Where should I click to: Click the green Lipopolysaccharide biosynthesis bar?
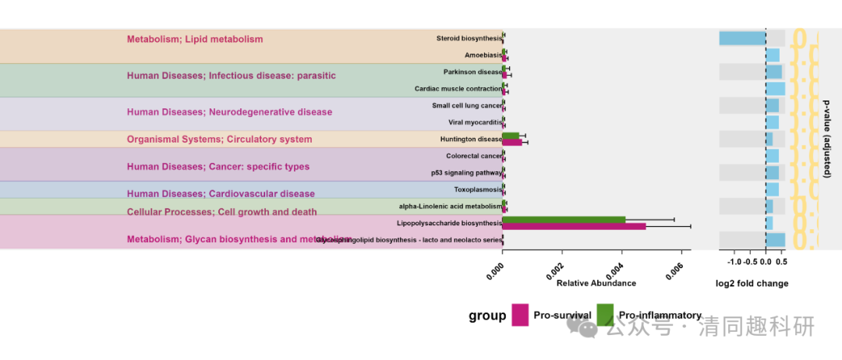click(564, 220)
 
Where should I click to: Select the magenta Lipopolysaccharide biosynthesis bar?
click(574, 226)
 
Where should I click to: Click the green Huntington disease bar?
click(511, 136)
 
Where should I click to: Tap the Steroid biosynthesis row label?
click(469, 38)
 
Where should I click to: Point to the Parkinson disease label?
click(472, 72)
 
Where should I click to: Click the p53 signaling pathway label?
click(466, 172)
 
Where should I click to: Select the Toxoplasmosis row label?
click(478, 189)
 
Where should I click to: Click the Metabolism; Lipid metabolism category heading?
click(195, 39)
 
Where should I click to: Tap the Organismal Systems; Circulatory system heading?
click(219, 139)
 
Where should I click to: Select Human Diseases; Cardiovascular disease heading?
click(221, 194)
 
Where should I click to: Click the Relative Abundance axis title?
click(596, 284)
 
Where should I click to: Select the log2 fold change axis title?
click(752, 284)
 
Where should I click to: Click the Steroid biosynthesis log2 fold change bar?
click(741, 38)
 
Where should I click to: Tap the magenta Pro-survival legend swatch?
click(520, 315)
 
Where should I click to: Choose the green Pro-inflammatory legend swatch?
click(606, 315)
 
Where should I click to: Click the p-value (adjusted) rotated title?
click(826, 139)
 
